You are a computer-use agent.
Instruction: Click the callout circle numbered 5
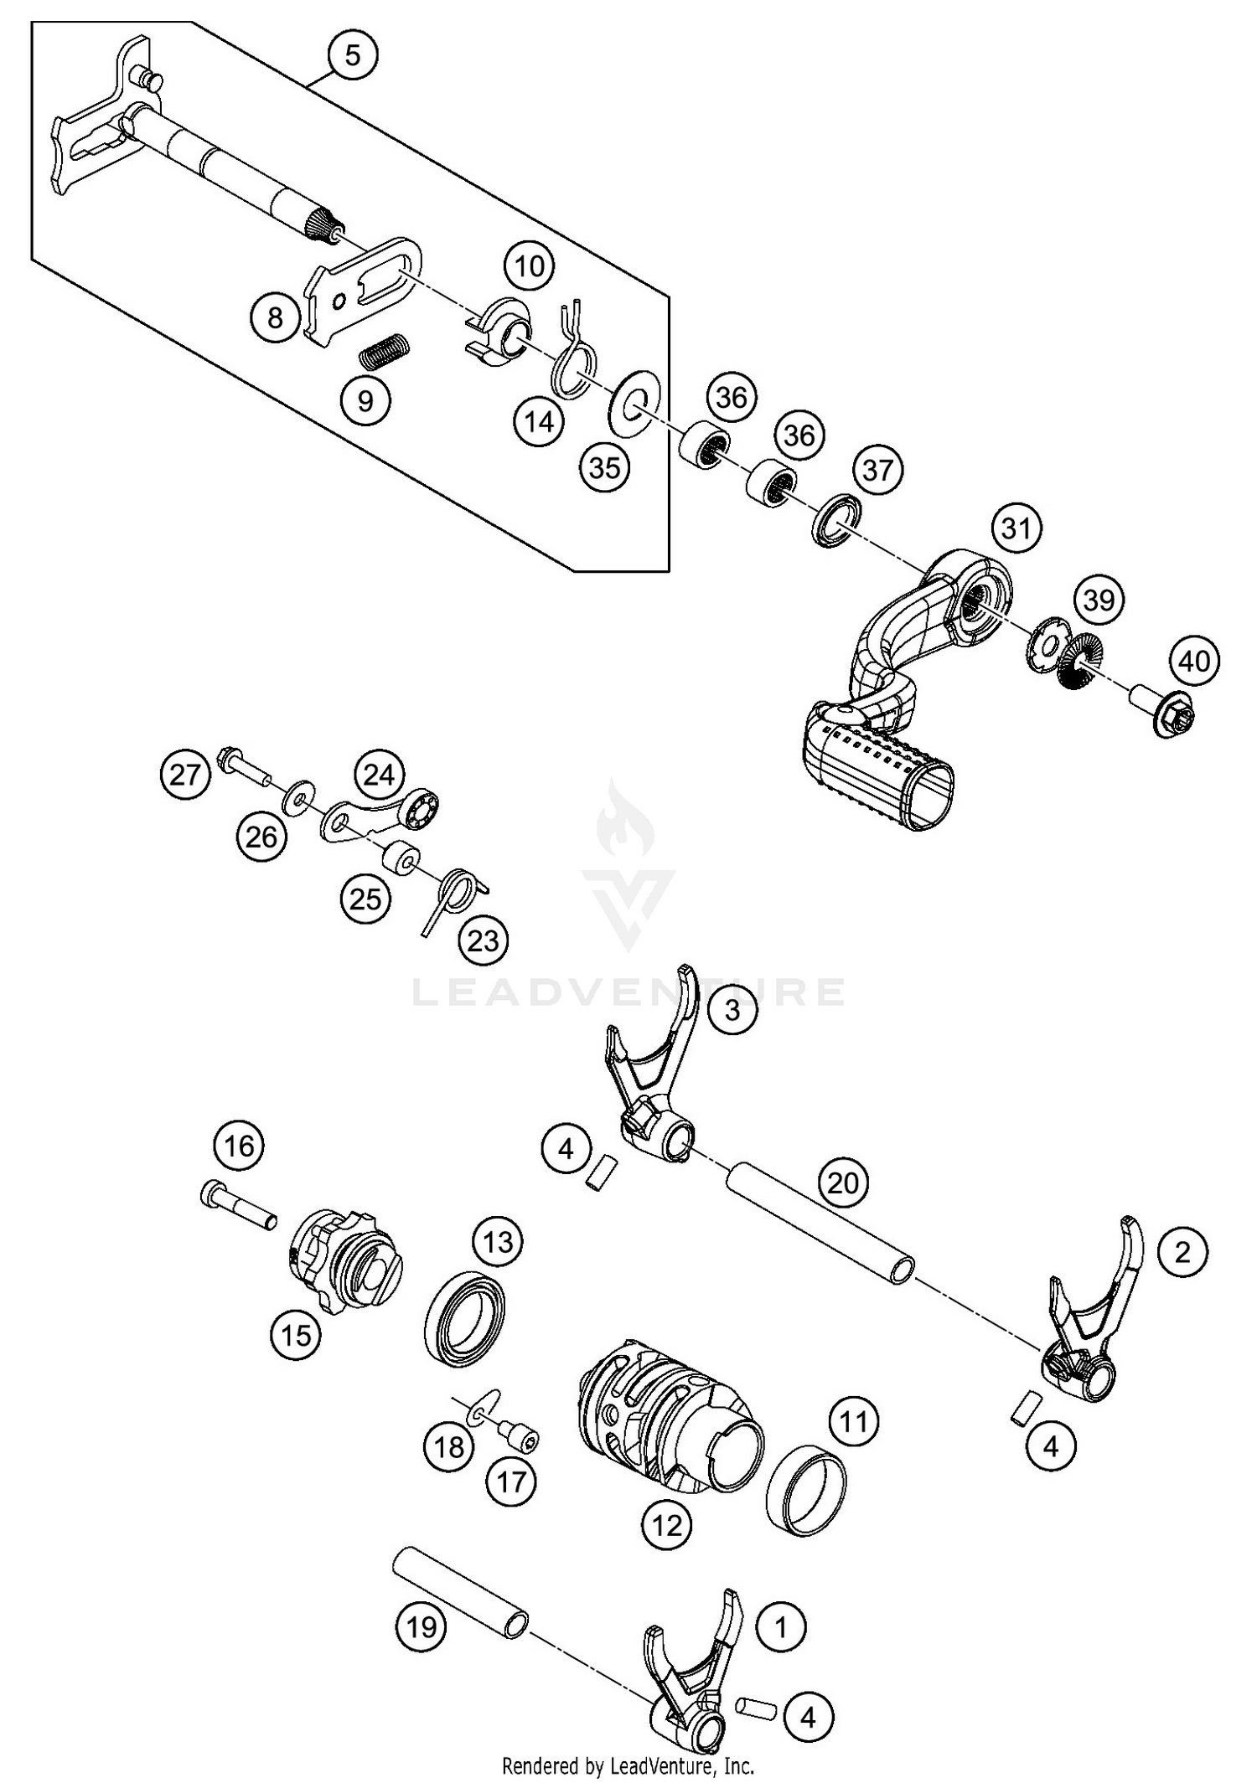[x=352, y=55]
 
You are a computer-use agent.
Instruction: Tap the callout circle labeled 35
[x=604, y=467]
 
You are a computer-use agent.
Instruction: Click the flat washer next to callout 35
[x=636, y=403]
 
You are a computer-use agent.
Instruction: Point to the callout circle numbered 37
[x=877, y=471]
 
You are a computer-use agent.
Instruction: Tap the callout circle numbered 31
[x=1016, y=528]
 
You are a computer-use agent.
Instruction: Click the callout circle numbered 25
[x=366, y=899]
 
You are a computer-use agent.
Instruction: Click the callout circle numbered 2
[x=1182, y=1252]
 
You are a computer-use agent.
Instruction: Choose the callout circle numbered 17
[x=511, y=1482]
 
